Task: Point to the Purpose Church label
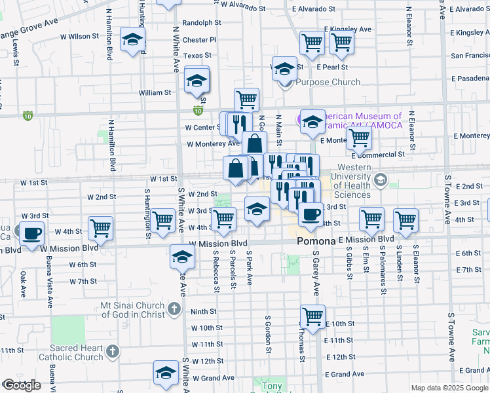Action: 328,82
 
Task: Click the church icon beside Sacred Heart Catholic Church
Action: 113,352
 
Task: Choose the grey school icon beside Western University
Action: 380,179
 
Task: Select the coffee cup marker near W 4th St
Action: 31,233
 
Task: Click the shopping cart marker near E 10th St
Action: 313,316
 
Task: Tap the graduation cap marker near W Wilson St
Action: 133,41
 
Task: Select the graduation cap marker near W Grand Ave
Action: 166,372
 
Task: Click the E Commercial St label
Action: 377,155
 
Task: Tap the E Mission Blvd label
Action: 366,240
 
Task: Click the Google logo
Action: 22,385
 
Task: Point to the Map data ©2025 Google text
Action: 449,388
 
